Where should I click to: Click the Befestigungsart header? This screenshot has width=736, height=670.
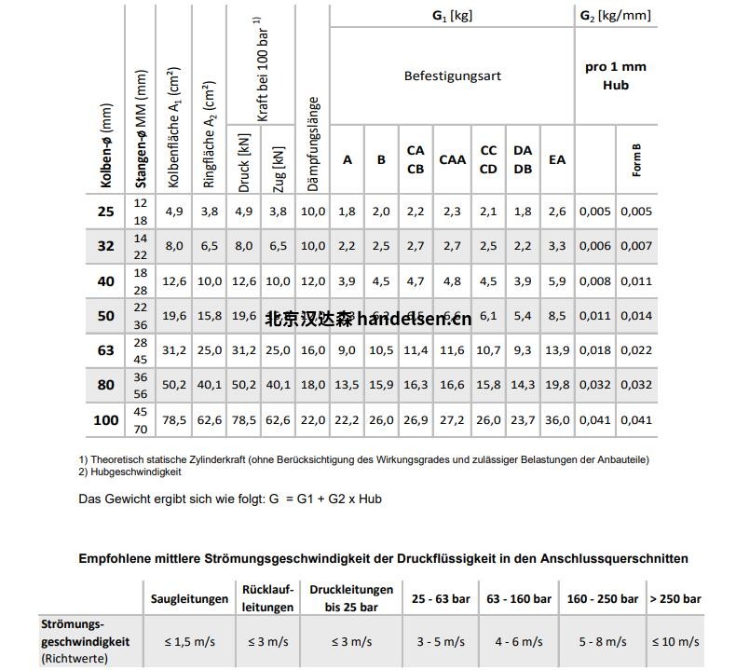[x=452, y=75]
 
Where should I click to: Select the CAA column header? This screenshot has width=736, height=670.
[x=452, y=159]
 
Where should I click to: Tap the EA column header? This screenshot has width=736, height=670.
[x=557, y=159]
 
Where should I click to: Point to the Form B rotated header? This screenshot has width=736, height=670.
[x=637, y=159]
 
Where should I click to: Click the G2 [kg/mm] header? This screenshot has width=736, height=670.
[x=615, y=15]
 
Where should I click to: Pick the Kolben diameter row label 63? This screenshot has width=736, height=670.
[x=106, y=349]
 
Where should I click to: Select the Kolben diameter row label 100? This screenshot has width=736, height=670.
[x=106, y=420]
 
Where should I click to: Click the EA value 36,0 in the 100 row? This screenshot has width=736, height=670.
[x=557, y=420]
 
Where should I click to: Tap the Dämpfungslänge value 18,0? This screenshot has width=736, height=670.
[x=313, y=384]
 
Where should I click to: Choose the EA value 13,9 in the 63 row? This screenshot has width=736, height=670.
[x=557, y=349]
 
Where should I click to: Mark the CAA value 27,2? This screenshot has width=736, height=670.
[x=452, y=420]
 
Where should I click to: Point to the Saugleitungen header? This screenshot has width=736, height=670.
[x=190, y=599]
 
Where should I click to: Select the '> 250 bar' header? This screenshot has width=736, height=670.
[x=675, y=599]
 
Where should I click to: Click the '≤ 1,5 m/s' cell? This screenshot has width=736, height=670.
[x=190, y=641]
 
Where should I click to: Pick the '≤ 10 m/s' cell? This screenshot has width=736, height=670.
[x=675, y=641]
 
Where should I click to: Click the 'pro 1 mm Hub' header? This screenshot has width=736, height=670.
[x=615, y=75]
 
